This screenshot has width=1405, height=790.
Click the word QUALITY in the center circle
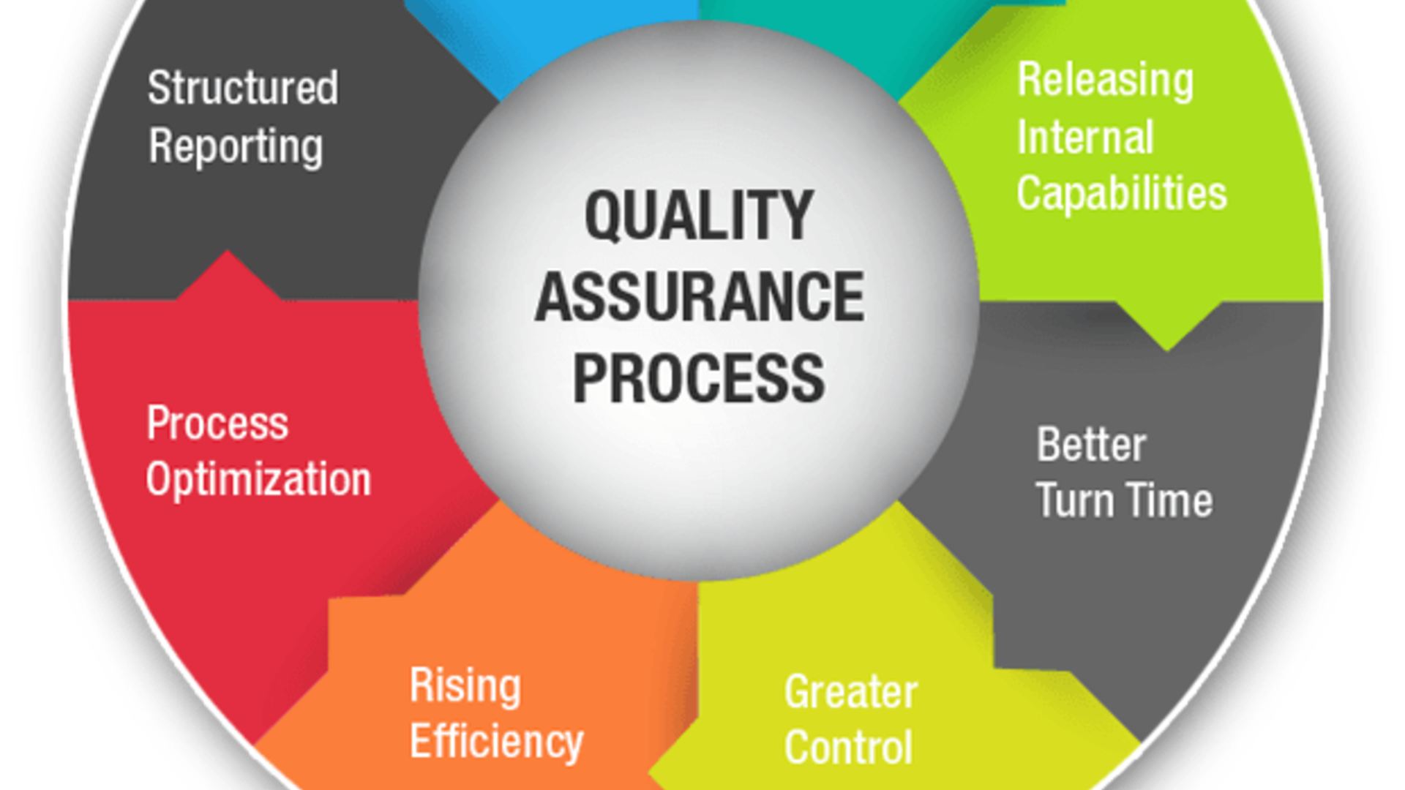click(x=699, y=215)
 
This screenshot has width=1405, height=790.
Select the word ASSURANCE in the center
click(x=700, y=296)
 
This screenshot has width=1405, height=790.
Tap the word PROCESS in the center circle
click(x=699, y=378)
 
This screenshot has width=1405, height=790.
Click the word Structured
click(x=243, y=88)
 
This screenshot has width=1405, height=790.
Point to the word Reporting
click(x=236, y=147)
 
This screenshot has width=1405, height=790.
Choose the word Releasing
click(x=1106, y=80)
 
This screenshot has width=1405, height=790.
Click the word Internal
click(x=1086, y=137)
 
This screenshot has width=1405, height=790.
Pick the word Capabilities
click(x=1122, y=195)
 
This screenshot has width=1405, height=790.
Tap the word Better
click(x=1091, y=444)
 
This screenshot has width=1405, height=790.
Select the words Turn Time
click(x=1125, y=500)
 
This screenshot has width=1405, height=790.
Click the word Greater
click(x=851, y=691)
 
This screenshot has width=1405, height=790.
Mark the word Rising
click(x=465, y=687)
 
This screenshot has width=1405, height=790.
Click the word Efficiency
click(x=497, y=742)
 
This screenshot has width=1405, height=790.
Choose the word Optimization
click(x=258, y=480)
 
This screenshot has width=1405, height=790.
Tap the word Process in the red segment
click(x=217, y=423)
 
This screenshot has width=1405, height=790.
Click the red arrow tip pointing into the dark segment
click(x=228, y=252)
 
